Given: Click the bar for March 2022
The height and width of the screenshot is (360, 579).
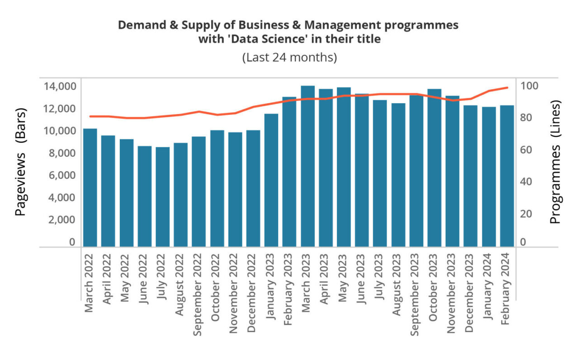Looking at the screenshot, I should [x=90, y=188].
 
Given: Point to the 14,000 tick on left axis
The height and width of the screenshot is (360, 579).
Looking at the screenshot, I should [x=60, y=86].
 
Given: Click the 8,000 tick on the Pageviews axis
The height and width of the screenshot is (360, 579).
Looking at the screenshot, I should [x=60, y=153].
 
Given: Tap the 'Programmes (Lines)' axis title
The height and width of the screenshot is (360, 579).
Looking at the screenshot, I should [x=555, y=162].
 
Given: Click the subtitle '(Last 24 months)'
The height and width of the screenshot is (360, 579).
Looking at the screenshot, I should [x=289, y=58].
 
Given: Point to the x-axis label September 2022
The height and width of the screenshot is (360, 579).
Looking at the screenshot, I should [x=198, y=294].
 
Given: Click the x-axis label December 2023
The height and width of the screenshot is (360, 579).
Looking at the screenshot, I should [x=470, y=294].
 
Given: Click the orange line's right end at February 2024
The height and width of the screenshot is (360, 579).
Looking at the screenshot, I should [x=508, y=88].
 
